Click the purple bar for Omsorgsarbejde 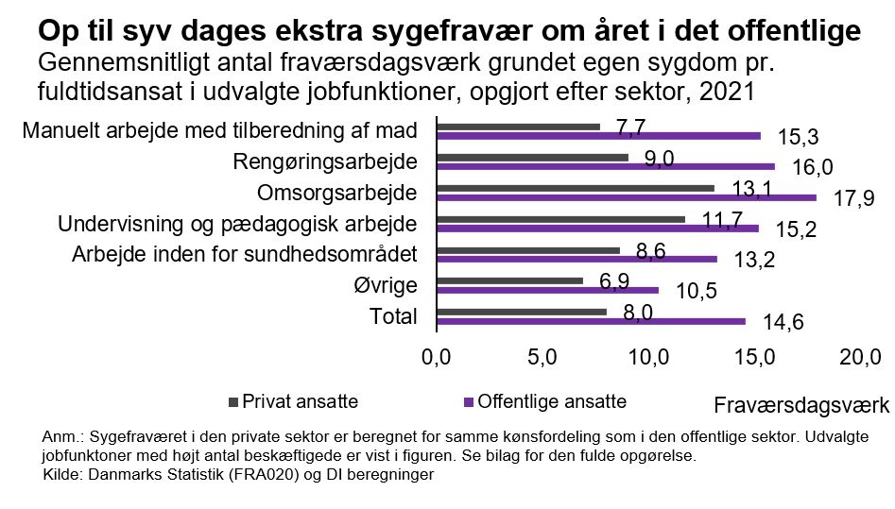point(626,197)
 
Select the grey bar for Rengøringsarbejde point(532,158)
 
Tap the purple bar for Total point(591,321)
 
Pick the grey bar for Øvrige point(509,280)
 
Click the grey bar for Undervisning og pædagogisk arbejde point(560,219)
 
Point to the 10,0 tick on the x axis point(649,356)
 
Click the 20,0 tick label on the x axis point(861,356)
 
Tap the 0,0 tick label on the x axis point(436,356)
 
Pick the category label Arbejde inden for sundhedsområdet point(245,254)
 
